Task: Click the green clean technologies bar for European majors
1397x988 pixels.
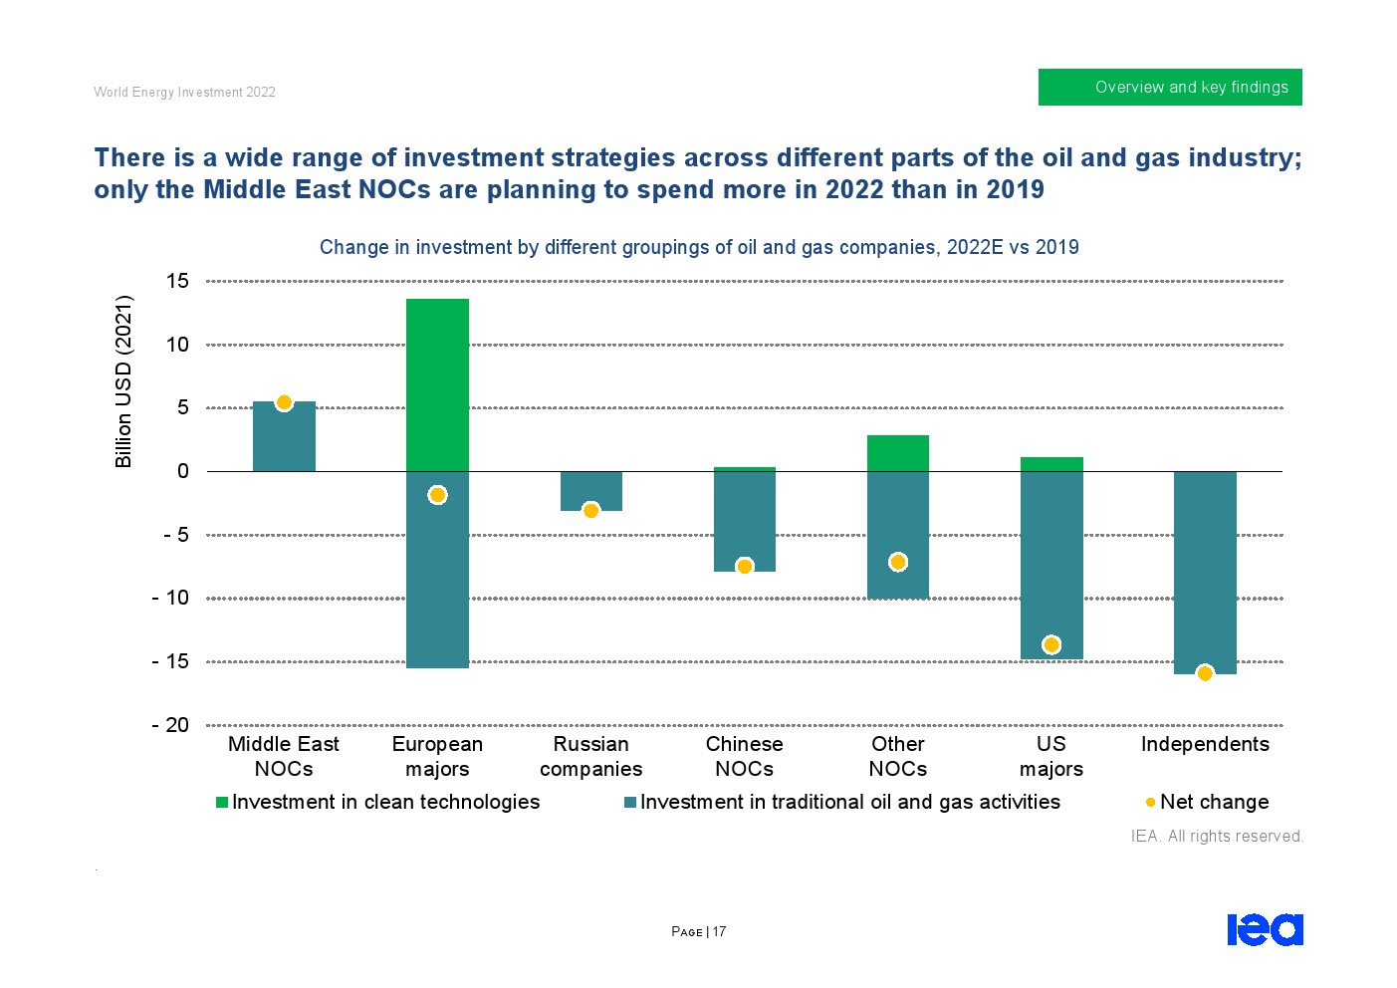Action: click(437, 384)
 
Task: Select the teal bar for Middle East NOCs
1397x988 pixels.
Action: click(284, 438)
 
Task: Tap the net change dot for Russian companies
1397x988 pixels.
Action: click(590, 511)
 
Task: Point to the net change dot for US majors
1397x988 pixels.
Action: click(1051, 645)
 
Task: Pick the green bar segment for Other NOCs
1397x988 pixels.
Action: click(898, 453)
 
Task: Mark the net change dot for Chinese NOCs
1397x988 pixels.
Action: click(744, 567)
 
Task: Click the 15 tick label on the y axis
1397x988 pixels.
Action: click(177, 282)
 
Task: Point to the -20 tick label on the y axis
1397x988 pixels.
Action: click(170, 725)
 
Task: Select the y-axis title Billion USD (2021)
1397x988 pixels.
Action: click(123, 381)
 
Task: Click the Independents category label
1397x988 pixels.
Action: click(1205, 744)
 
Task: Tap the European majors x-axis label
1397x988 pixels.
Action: click(437, 756)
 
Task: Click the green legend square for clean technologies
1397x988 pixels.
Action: click(222, 803)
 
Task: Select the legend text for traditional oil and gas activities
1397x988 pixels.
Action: click(849, 802)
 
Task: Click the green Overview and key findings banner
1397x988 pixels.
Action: click(1170, 87)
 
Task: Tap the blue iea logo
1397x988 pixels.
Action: click(1265, 929)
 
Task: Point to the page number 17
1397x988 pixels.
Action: click(719, 932)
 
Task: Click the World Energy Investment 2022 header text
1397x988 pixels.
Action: click(184, 92)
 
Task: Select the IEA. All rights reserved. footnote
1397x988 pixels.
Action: click(1217, 836)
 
